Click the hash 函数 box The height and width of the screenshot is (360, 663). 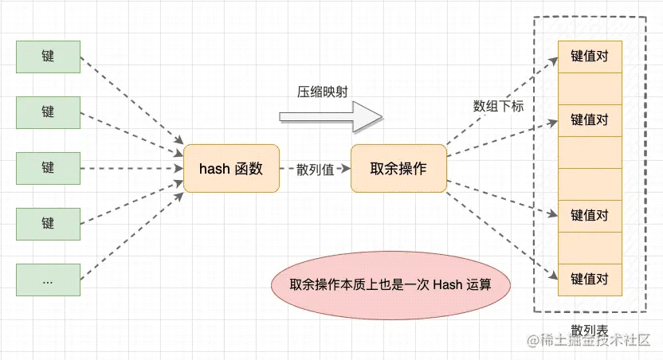pyautogui.click(x=231, y=168)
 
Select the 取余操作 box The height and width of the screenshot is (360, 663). pyautogui.click(x=398, y=168)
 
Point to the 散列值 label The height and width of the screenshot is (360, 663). pyautogui.click(x=315, y=169)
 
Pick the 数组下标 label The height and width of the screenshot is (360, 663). pyautogui.click(x=498, y=106)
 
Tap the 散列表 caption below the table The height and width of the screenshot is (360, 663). pyautogui.click(x=590, y=330)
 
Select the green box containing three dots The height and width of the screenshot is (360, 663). pyautogui.click(x=48, y=280)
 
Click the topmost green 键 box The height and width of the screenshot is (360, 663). pyautogui.click(x=48, y=57)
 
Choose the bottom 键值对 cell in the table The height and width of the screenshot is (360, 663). pyautogui.click(x=590, y=280)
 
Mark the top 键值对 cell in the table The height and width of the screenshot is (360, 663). pyautogui.click(x=590, y=57)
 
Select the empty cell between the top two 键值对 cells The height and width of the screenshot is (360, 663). pyautogui.click(x=590, y=88)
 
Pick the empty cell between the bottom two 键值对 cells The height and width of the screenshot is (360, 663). pyautogui.click(x=590, y=248)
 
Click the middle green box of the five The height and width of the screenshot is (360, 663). pyautogui.click(x=48, y=168)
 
